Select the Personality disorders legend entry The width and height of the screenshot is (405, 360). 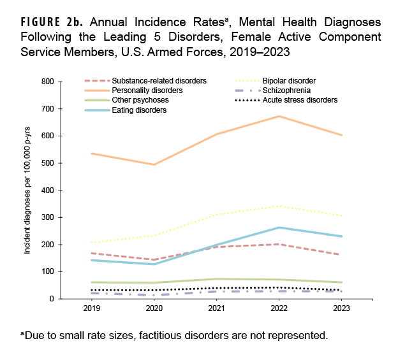[x=147, y=90]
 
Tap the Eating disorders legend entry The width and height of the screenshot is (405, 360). [x=139, y=110]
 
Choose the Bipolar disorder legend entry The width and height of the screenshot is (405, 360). [x=293, y=81]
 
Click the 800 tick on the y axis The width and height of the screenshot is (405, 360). [x=47, y=82]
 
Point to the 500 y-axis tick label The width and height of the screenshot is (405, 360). [x=47, y=163]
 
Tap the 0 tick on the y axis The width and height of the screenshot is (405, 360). [x=50, y=299]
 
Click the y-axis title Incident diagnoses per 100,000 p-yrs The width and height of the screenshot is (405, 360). [x=27, y=190]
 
